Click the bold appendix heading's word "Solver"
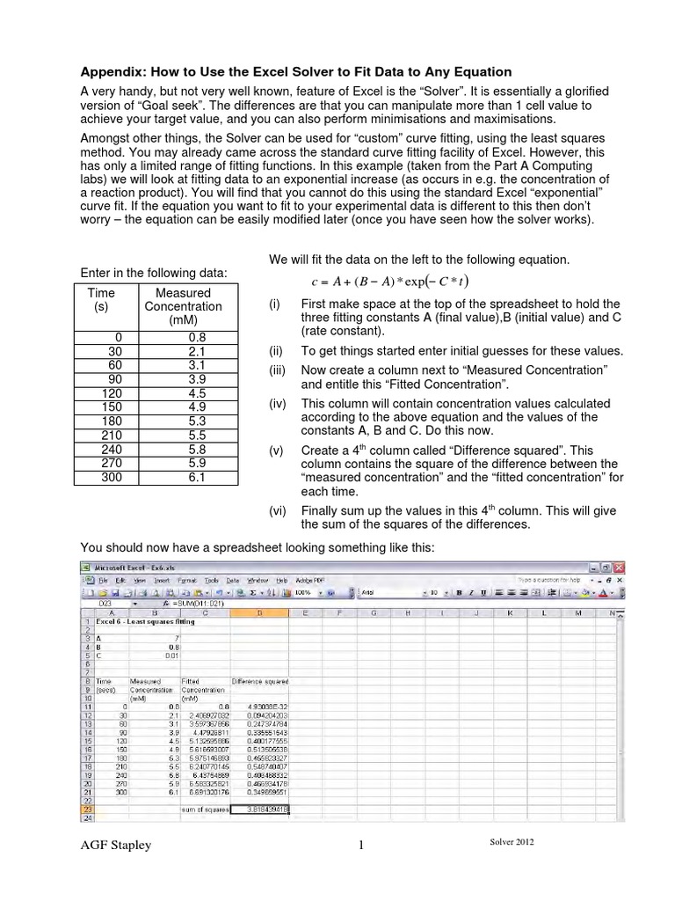point(295,71)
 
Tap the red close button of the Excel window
point(619,568)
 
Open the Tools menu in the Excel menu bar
point(211,581)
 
